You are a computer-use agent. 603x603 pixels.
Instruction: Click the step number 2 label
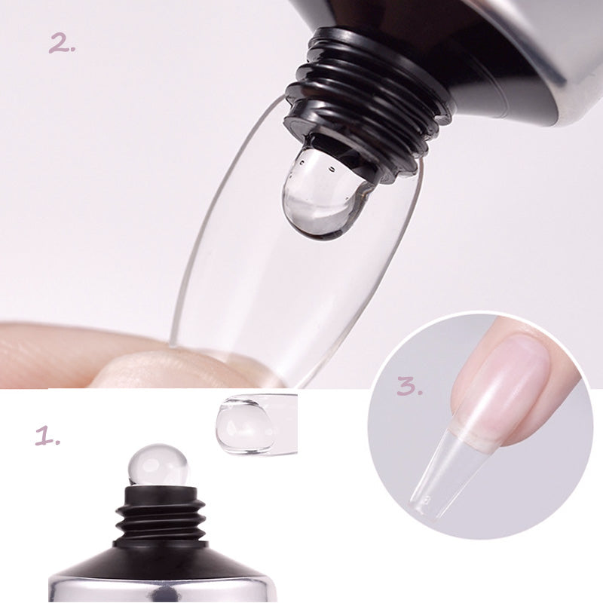pyautogui.click(x=63, y=44)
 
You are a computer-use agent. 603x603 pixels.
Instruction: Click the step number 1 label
pyautogui.click(x=47, y=436)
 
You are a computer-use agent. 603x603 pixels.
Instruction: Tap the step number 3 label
pyautogui.click(x=409, y=387)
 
